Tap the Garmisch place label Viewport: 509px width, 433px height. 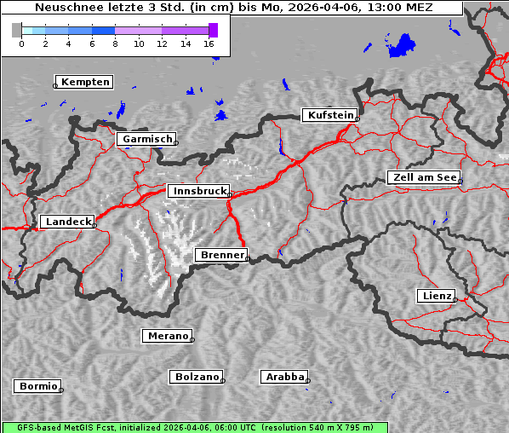[x=147, y=139]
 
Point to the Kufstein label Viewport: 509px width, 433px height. [x=330, y=115]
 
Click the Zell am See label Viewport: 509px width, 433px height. [x=426, y=177]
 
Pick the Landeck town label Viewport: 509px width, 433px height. [x=68, y=222]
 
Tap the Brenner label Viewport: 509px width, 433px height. [x=222, y=255]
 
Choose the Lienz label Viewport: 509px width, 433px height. [x=437, y=296]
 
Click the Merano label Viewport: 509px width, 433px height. [x=168, y=336]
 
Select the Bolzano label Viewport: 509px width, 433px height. [x=197, y=377]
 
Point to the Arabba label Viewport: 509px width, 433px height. [x=284, y=377]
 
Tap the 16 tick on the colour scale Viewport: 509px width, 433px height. [x=209, y=43]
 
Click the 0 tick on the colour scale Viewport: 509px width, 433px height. [x=21, y=43]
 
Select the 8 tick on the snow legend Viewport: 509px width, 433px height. [x=115, y=43]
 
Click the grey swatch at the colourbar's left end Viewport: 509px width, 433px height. [x=17, y=30]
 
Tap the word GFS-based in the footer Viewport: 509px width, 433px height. [x=36, y=427]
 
